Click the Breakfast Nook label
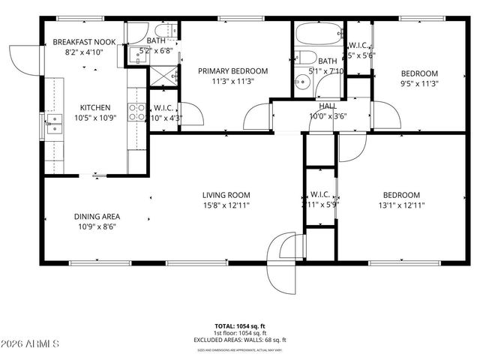(x=84, y=42)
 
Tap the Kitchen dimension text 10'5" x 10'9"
(x=95, y=118)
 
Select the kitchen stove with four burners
(x=137, y=112)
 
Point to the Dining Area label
(x=94, y=216)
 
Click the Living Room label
(x=226, y=195)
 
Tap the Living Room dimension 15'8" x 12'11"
(x=226, y=205)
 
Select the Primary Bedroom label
(x=232, y=71)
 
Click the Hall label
(x=328, y=106)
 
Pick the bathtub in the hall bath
(x=319, y=35)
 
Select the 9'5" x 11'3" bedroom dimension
(x=419, y=83)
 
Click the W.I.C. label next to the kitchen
(x=164, y=107)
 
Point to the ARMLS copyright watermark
(x=31, y=343)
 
